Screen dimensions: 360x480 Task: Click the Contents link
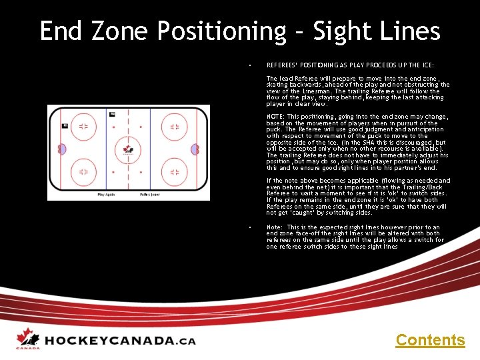[430, 340]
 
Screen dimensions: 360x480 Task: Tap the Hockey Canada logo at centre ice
[128, 150]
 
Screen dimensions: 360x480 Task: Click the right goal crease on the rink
[195, 149]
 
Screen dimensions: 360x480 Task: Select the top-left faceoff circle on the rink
[83, 126]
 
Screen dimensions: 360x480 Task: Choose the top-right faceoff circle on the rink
[174, 126]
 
